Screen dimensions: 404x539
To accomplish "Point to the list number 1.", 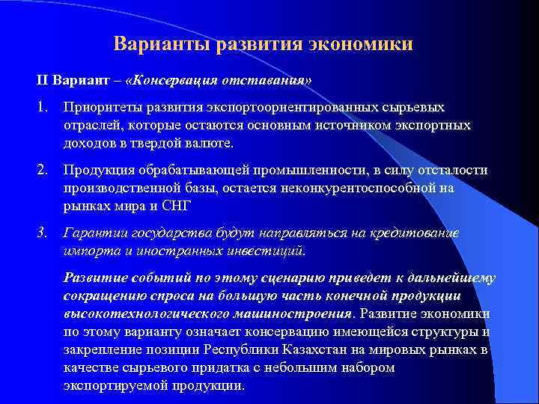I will [x=43, y=108].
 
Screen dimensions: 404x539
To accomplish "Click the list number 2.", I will [x=43, y=171].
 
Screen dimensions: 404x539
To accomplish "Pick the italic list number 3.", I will [x=43, y=233].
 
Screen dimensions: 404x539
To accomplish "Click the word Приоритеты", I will [x=106, y=108].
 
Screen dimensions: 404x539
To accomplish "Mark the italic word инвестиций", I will [x=258, y=249].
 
